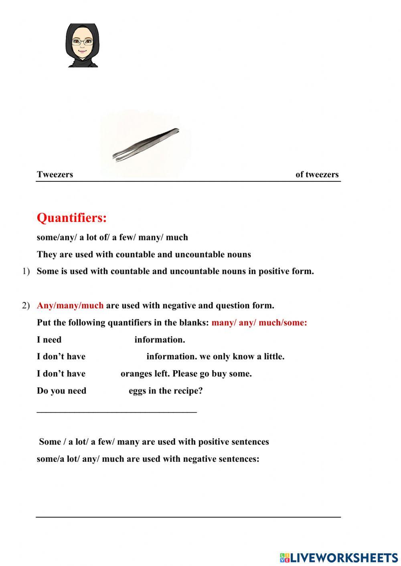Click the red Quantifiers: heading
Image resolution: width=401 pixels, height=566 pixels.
tap(72, 218)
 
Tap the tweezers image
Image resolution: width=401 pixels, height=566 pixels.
tap(146, 145)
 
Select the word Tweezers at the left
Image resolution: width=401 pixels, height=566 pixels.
tap(55, 174)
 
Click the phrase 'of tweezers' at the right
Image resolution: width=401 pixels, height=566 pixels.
tap(317, 174)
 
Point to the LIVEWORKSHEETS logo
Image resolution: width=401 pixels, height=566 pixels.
tap(339, 557)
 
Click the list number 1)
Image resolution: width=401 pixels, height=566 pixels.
tap(26, 271)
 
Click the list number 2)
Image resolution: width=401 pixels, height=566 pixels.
tap(26, 305)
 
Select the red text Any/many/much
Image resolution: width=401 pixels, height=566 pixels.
tap(70, 305)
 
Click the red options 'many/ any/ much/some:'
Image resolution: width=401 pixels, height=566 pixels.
tap(259, 322)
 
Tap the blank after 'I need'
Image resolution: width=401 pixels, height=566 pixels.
tap(97, 340)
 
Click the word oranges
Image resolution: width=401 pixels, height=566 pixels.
tap(137, 374)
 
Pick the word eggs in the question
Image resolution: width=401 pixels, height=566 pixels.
tap(137, 391)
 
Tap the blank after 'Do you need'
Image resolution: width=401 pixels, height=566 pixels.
tap(107, 391)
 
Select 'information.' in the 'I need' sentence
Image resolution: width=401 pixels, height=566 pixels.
tap(160, 340)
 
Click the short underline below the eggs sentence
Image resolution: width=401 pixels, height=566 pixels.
tap(117, 411)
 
